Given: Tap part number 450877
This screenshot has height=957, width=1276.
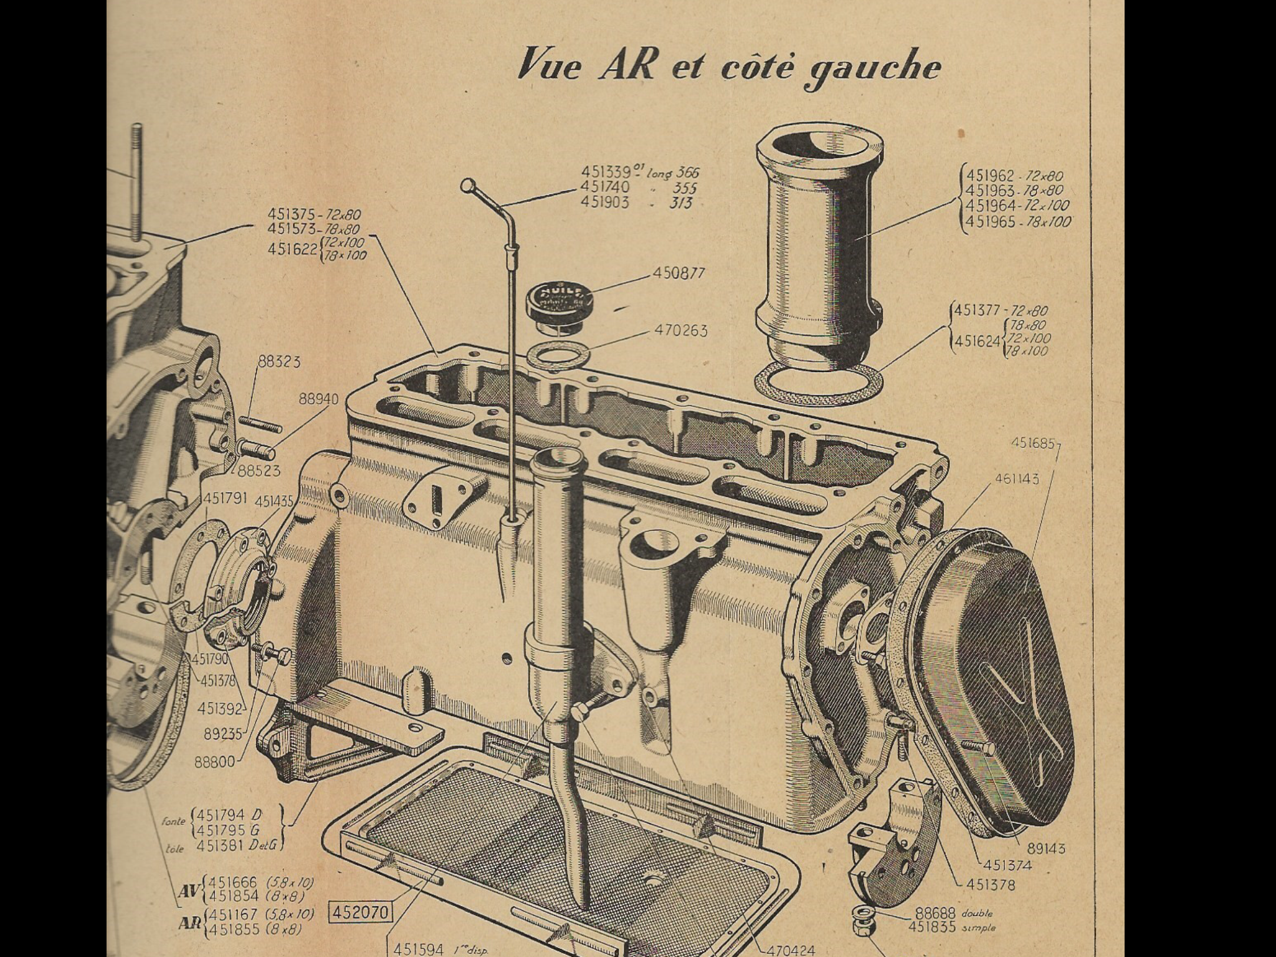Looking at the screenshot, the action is (679, 273).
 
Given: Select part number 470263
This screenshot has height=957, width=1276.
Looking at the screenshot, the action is (681, 330).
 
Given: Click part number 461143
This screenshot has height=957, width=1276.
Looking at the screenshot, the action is (1017, 478).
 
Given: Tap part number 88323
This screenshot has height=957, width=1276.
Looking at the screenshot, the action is (279, 361).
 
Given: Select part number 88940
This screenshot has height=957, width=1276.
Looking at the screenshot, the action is (318, 399).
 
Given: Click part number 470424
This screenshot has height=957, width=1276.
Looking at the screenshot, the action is (791, 951).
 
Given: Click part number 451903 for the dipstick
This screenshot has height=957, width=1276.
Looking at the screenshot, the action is (606, 202).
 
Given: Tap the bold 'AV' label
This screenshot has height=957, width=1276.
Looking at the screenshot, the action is (188, 891).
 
